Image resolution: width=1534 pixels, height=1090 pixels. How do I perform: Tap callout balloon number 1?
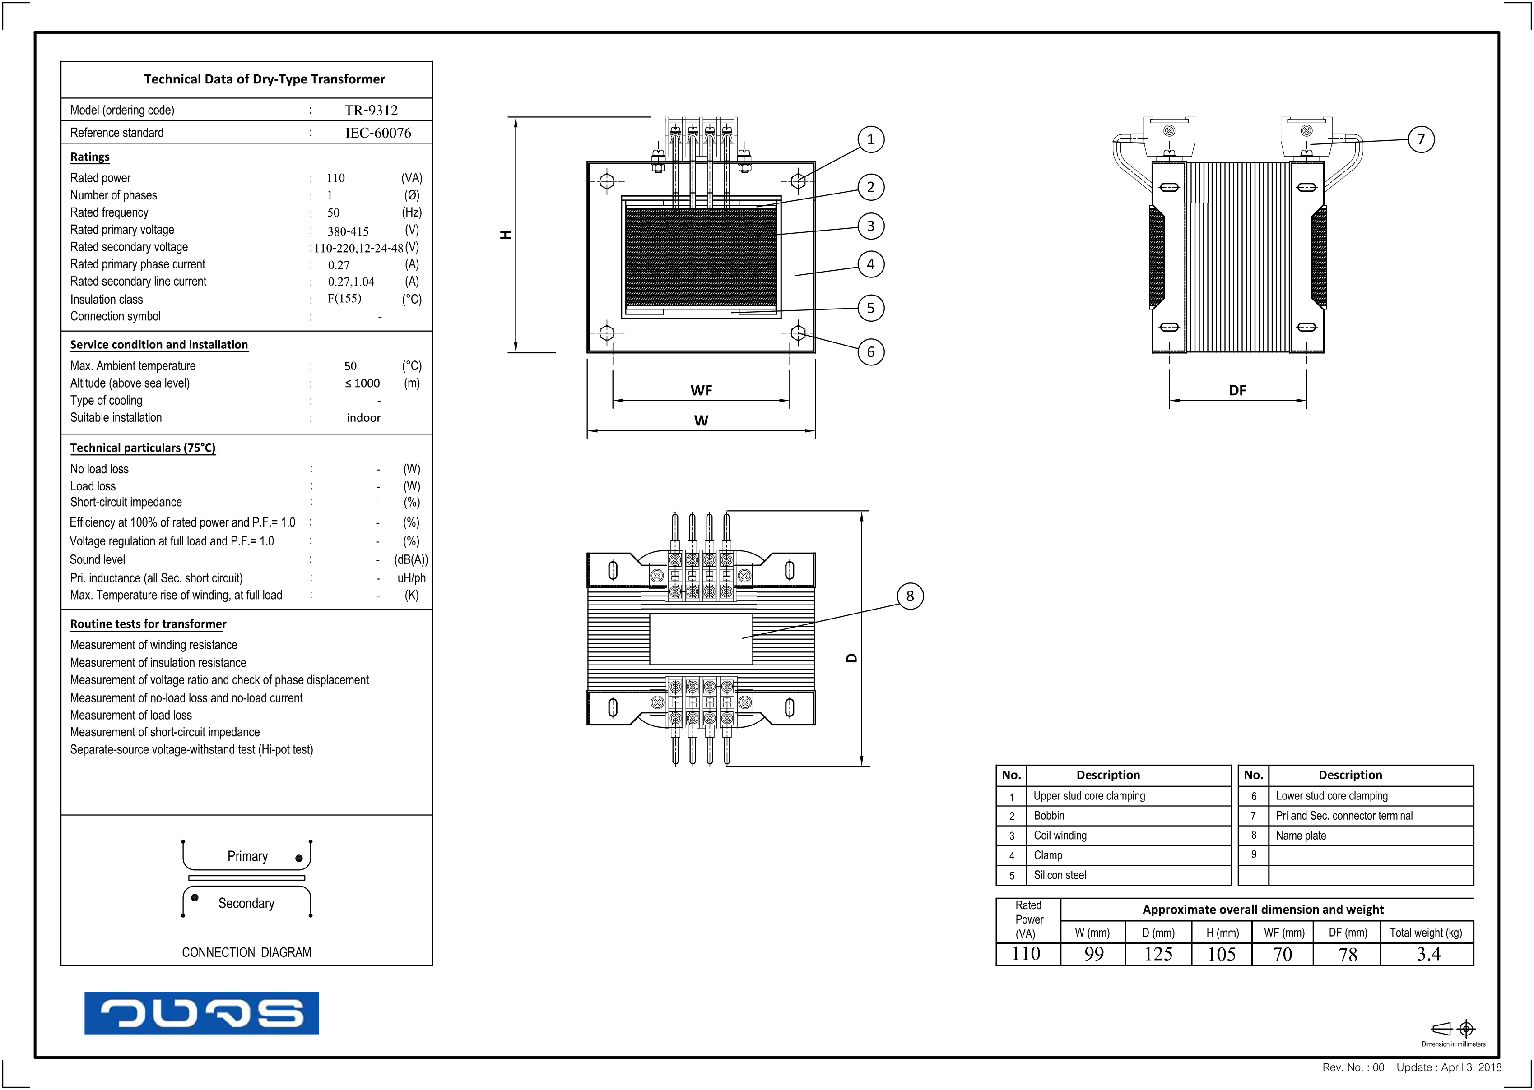[x=870, y=139]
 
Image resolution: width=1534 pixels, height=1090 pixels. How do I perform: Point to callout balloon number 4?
[x=870, y=264]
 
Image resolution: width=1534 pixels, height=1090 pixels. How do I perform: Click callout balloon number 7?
[x=1421, y=139]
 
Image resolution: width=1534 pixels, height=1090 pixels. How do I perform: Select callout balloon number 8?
[x=909, y=596]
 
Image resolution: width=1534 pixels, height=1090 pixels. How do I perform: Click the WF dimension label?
[x=701, y=390]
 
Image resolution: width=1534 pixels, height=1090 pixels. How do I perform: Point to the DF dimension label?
[x=1237, y=390]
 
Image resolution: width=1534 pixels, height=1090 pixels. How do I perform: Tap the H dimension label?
[x=506, y=234]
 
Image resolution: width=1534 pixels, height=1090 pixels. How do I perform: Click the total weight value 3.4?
[x=1428, y=954]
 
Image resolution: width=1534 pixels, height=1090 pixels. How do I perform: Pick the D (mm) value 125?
[x=1158, y=954]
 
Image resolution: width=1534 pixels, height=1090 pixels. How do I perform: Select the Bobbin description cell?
[x=1049, y=816]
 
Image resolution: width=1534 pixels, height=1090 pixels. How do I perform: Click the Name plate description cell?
[x=1301, y=836]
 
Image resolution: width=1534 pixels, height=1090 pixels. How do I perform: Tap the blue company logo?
[x=201, y=1013]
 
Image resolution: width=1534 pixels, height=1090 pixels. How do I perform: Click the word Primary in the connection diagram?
[x=247, y=856]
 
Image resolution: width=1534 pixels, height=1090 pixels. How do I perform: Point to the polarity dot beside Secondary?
[x=195, y=897]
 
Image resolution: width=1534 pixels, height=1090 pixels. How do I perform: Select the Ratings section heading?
[x=90, y=157]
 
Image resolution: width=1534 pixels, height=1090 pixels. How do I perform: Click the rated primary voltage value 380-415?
[x=348, y=231]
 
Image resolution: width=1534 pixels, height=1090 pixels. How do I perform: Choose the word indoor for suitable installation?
[x=363, y=417]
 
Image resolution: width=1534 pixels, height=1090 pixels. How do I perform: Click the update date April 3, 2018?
[x=1471, y=1067]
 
